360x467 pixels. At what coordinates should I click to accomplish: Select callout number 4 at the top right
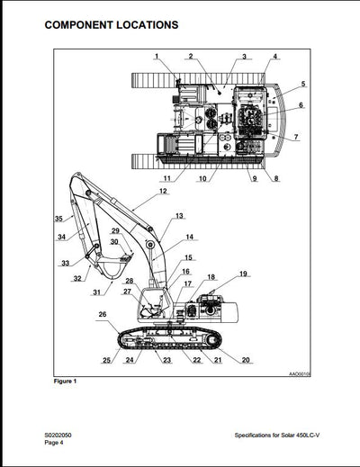click(x=275, y=58)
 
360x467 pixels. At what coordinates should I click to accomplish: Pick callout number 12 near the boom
click(x=163, y=192)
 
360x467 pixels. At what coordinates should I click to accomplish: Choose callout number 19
click(x=243, y=274)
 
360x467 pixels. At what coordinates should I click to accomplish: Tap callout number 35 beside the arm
click(x=58, y=219)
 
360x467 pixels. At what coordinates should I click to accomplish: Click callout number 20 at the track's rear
click(x=247, y=360)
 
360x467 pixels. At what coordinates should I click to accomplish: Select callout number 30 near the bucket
click(x=114, y=242)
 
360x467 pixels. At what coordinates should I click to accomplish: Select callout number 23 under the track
click(x=166, y=360)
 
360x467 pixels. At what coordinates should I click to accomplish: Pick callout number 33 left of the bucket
click(x=66, y=264)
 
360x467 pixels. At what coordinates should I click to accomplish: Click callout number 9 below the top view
click(x=255, y=178)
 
